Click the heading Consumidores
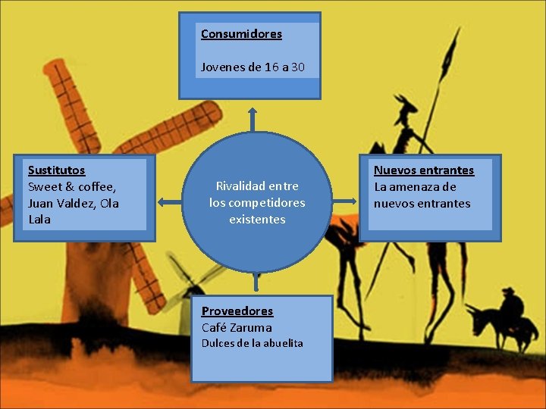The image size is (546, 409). click(241, 34)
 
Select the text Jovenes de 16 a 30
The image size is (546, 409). click(253, 67)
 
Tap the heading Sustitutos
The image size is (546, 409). click(56, 170)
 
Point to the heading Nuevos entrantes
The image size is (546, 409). click(423, 170)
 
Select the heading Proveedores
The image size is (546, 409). click(237, 311)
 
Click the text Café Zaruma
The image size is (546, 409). click(237, 328)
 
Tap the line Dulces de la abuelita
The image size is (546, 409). click(252, 343)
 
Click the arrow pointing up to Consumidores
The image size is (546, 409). click(253, 118)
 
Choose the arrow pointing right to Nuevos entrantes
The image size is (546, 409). click(345, 201)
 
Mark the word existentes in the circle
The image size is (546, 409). click(257, 220)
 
